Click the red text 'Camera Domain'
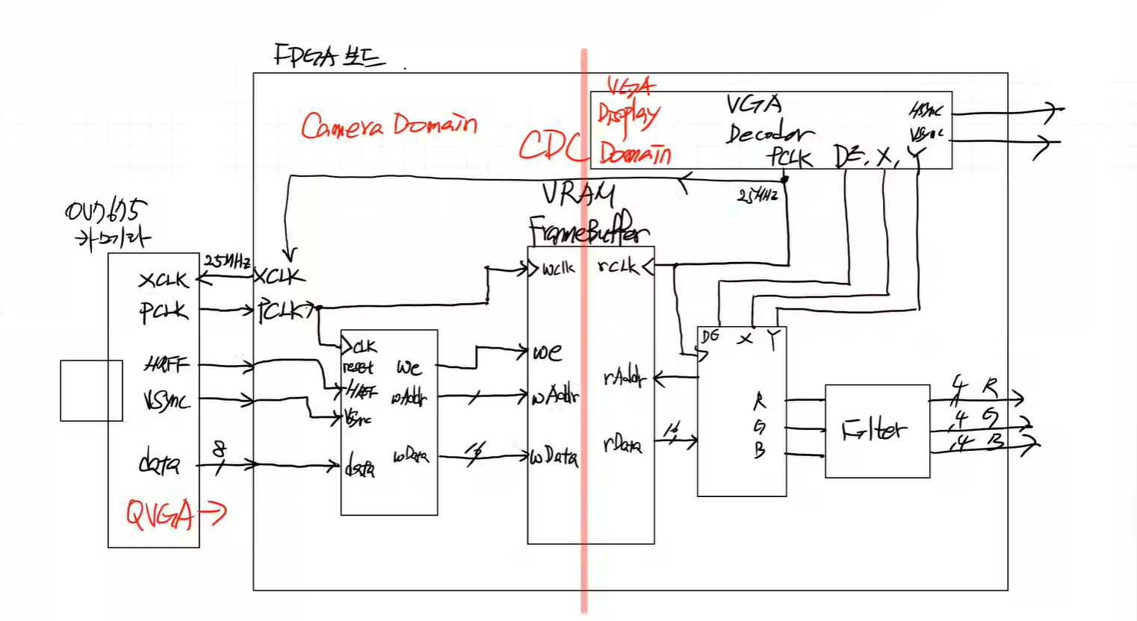[388, 125]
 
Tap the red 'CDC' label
[552, 145]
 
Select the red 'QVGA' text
[160, 514]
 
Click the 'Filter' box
[877, 431]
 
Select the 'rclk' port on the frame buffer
[618, 266]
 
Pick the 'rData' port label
[622, 446]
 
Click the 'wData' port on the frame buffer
[554, 456]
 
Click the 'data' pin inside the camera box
[159, 464]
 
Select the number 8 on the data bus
[218, 449]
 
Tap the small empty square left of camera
[91, 390]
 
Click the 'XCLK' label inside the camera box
[163, 281]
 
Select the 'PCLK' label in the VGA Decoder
[789, 157]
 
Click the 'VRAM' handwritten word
[578, 195]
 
